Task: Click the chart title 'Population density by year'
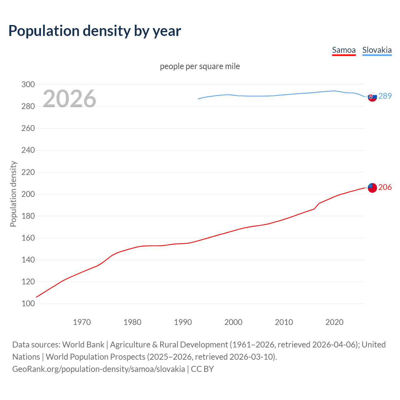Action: [95, 31]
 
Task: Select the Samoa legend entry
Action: [344, 50]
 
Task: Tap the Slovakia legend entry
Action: [377, 50]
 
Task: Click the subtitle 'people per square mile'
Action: [200, 66]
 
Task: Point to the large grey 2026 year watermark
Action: [69, 99]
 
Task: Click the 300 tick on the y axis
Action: [28, 84]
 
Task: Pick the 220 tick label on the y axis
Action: [28, 172]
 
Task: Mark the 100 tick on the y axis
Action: [28, 304]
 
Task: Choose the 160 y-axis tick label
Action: [28, 238]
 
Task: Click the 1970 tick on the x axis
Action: [82, 322]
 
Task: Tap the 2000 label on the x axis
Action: [233, 322]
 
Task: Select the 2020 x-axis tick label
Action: [334, 322]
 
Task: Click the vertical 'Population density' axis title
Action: [13, 194]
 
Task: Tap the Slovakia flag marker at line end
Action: [372, 97]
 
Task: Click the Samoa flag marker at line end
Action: [372, 188]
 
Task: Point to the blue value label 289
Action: [385, 96]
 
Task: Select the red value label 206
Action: [385, 187]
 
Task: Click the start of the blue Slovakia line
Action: [198, 99]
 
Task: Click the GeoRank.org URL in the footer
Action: [98, 369]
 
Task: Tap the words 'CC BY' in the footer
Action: [202, 369]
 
